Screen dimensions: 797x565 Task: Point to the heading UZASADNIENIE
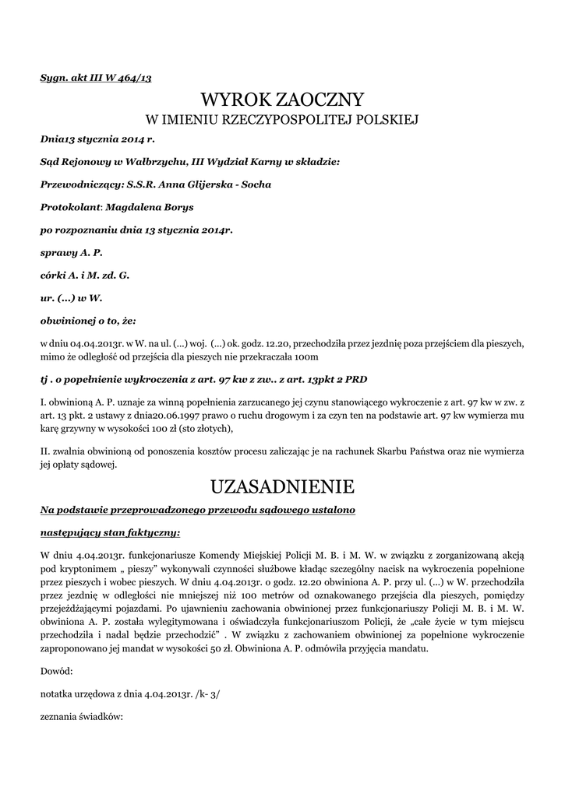(282, 487)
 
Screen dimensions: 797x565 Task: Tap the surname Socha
(253, 184)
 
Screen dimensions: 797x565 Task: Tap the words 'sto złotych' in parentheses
(207, 428)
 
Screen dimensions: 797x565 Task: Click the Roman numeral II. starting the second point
(44, 451)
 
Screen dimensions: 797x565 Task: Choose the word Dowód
(55, 669)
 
